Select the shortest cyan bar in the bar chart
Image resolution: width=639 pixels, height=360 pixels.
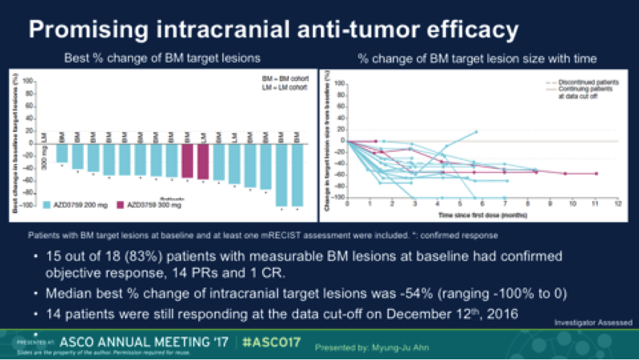click(62, 153)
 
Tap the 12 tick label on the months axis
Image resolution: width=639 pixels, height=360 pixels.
click(617, 204)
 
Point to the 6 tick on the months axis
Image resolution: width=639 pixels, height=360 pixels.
click(482, 204)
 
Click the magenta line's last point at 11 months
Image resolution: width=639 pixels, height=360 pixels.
click(596, 173)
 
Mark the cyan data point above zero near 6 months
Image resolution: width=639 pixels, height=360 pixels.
click(476, 131)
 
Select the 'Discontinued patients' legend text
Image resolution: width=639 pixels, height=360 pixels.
click(581, 82)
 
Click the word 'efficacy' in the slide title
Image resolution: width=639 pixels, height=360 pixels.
click(465, 31)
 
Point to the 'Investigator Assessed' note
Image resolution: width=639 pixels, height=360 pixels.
click(593, 322)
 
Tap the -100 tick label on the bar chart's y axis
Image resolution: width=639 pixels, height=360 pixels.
click(27, 206)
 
